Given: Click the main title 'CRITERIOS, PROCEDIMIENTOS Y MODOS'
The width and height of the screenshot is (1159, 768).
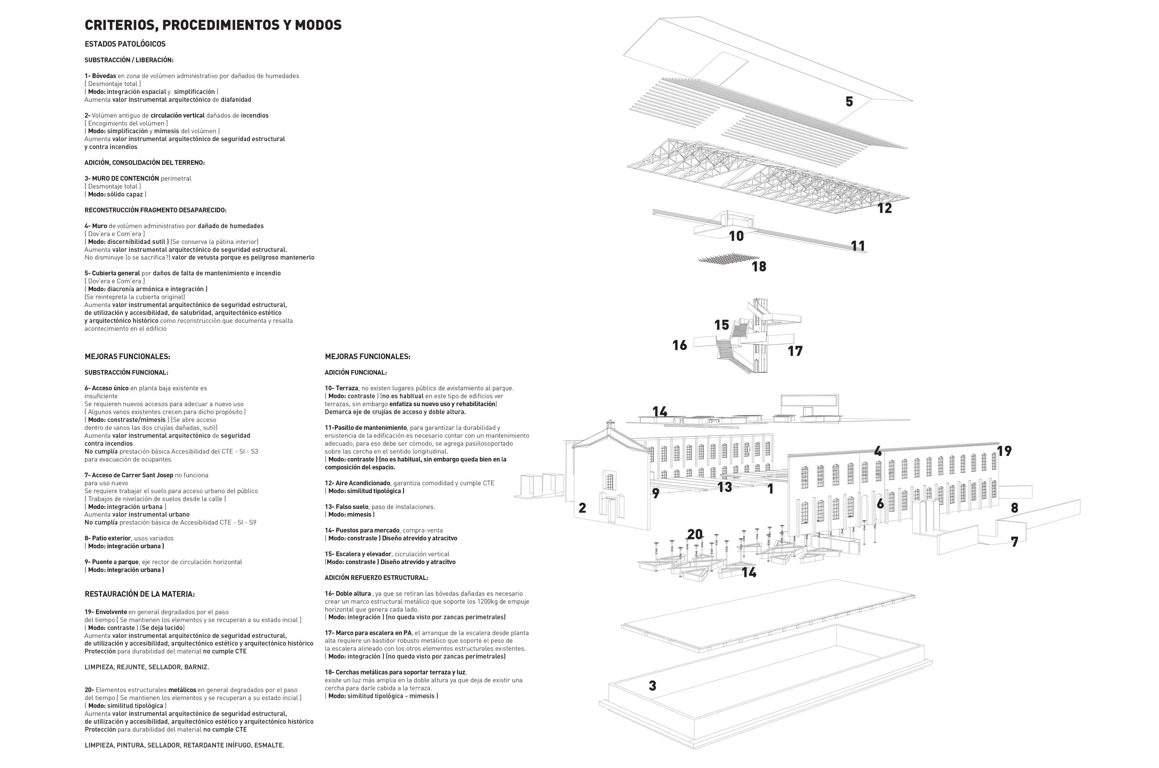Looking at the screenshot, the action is (213, 25).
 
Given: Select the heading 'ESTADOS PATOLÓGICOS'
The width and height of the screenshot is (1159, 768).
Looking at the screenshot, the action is (125, 44).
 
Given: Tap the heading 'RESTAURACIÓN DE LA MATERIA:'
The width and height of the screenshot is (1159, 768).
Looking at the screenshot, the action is (140, 594).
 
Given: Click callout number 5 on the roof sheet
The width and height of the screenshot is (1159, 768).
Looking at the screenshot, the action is (849, 102).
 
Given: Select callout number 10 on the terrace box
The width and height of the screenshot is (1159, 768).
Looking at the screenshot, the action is (736, 236).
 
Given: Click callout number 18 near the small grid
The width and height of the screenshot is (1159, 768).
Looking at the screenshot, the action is (759, 267).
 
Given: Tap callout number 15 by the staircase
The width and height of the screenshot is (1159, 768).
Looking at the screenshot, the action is (721, 325).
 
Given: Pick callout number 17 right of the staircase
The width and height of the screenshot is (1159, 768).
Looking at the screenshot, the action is (795, 351).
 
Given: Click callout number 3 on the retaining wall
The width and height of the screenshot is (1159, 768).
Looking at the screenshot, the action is (652, 686).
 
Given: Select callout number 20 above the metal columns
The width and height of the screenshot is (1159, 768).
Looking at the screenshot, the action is (695, 534).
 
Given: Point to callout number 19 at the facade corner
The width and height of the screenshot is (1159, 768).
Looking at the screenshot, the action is (1004, 451).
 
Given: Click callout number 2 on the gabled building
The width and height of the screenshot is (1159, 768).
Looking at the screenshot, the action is (582, 508).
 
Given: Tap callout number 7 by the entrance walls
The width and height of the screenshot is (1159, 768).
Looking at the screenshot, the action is (1014, 542).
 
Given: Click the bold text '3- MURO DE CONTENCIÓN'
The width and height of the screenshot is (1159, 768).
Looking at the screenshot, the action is (122, 178).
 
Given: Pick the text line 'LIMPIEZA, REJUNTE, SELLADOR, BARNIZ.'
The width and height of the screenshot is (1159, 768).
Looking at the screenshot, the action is (147, 667).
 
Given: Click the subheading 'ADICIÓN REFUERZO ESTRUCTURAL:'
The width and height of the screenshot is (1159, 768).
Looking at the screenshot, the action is (376, 578).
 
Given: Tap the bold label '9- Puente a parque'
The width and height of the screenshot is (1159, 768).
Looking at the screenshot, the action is (112, 562).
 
